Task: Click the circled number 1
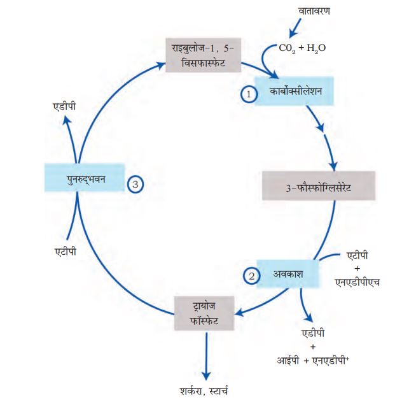tap(250, 93)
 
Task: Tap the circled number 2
tap(253, 276)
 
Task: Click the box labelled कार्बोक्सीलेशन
tap(295, 92)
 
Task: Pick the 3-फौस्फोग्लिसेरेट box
tap(319, 189)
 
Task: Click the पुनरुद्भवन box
tap(84, 178)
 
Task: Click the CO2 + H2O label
tap(302, 47)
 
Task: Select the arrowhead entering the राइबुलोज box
tap(162, 62)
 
